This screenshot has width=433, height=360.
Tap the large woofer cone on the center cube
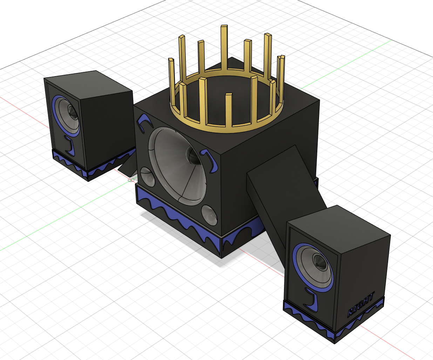click(177, 166)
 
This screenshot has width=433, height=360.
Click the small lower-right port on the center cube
click(209, 215)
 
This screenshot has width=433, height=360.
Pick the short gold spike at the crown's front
click(229, 110)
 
